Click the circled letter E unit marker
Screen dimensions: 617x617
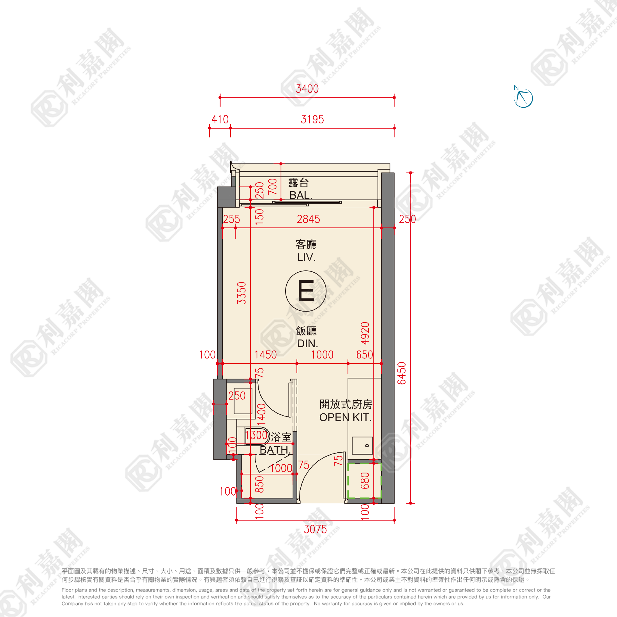[x=306, y=291]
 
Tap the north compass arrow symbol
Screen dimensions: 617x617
[x=523, y=97]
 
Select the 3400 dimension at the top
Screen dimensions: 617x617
[x=307, y=89]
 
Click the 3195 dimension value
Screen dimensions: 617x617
[x=312, y=119]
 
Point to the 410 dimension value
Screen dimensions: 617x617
[x=220, y=119]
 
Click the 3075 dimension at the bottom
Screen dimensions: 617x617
[x=316, y=529]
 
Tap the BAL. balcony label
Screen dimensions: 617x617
[x=301, y=195]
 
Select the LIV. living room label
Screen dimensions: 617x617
[x=306, y=257]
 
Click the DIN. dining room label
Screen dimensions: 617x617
[x=308, y=344]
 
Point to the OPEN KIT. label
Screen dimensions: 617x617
[x=346, y=417]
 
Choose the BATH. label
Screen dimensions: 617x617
[x=275, y=450]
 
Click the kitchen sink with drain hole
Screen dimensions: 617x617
[x=362, y=446]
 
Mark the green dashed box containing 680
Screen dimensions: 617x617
[x=364, y=481]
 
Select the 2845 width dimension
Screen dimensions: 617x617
[x=308, y=219]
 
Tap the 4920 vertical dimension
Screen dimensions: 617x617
[x=365, y=333]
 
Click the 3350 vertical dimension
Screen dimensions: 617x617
[x=241, y=293]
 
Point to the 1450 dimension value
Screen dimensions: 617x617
[x=265, y=355]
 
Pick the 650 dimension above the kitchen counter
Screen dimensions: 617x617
[x=365, y=355]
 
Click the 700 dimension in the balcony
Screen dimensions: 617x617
[x=272, y=187]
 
